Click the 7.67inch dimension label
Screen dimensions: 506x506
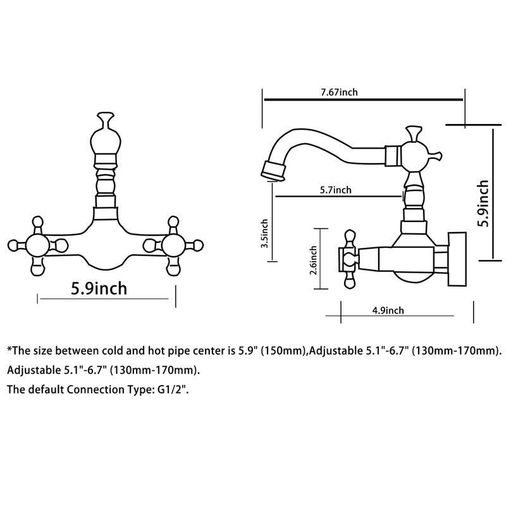(x=339, y=92)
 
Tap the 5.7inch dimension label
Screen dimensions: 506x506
(x=336, y=190)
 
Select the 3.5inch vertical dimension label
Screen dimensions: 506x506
(x=264, y=233)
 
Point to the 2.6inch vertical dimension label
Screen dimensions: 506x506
(x=313, y=260)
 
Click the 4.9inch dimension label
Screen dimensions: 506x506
(x=388, y=311)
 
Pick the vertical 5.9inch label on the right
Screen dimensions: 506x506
(x=483, y=203)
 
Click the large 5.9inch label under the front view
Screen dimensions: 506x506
(x=99, y=288)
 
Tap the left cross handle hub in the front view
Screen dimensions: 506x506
(x=37, y=245)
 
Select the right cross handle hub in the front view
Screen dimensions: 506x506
(x=173, y=245)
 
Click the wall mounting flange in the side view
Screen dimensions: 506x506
(x=457, y=259)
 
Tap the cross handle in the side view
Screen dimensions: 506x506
(x=349, y=259)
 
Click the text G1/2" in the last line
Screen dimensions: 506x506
(x=173, y=390)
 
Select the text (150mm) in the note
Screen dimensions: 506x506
(x=283, y=351)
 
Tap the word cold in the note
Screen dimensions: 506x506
(x=113, y=351)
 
